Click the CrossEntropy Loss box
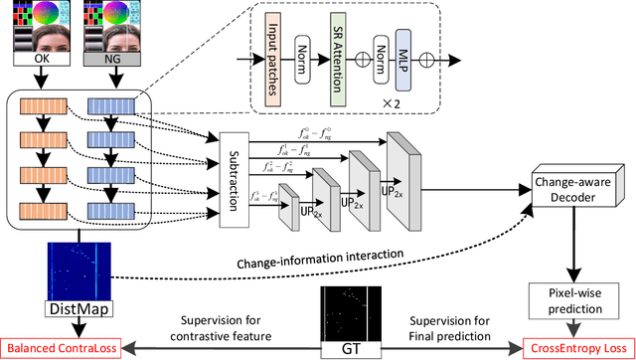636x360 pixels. point(570,348)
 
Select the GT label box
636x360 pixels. point(347,346)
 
